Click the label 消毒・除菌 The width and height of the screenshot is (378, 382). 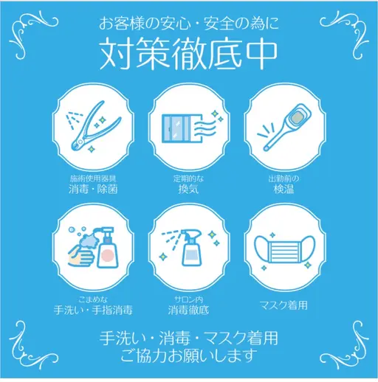(93, 189)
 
